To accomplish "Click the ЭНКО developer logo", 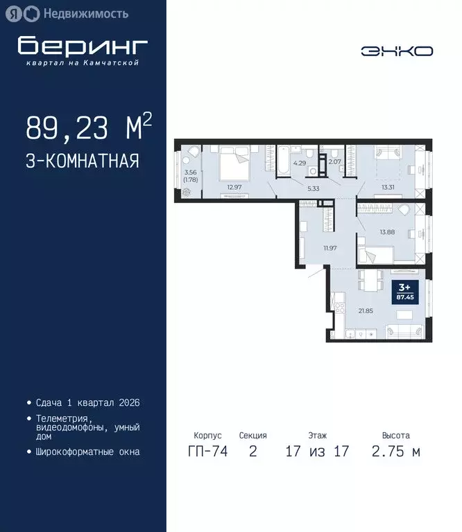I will (x=396, y=51).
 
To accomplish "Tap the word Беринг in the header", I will (x=83, y=46).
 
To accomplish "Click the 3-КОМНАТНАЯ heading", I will (x=83, y=161).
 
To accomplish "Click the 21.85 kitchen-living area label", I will (x=365, y=310).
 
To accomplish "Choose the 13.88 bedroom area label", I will (x=386, y=232).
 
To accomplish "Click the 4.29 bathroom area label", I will (x=299, y=163).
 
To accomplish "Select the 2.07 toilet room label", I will (x=334, y=162).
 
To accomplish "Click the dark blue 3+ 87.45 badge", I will (x=403, y=290).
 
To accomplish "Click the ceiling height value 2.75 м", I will (x=395, y=452).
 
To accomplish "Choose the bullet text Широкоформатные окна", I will (x=87, y=452).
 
